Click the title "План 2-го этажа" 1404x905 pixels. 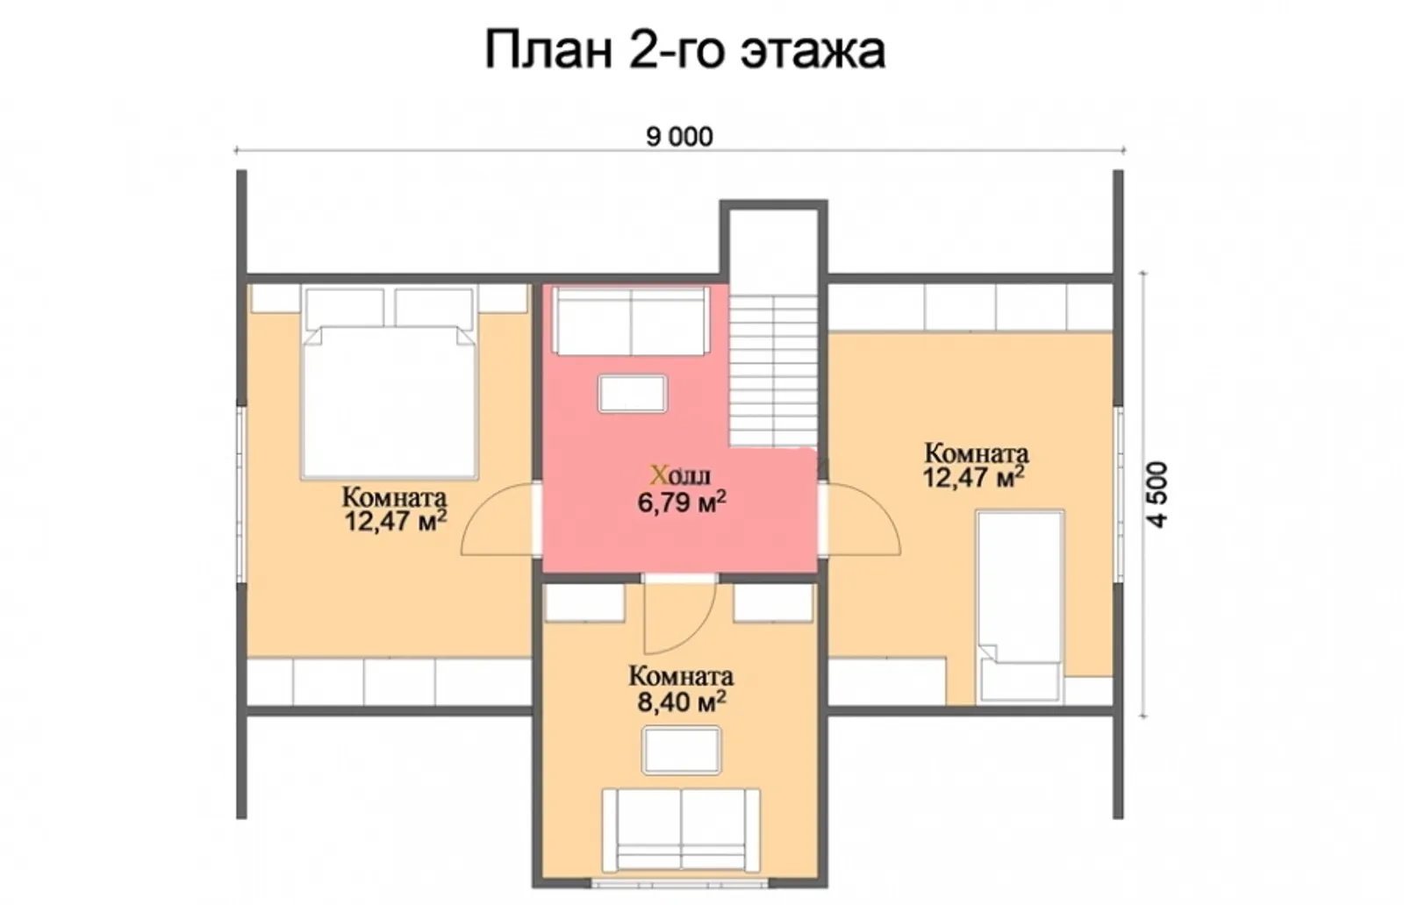[x=684, y=51]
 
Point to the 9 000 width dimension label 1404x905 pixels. [x=679, y=138]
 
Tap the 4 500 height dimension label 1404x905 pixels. [x=1157, y=494]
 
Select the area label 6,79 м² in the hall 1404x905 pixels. [x=681, y=502]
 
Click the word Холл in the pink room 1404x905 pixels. [x=680, y=475]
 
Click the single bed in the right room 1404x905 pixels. [x=1020, y=605]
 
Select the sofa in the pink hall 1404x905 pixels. [x=631, y=321]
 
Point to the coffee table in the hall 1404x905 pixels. [x=632, y=394]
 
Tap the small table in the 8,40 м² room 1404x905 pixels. [x=681, y=751]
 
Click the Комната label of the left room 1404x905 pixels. [x=394, y=497]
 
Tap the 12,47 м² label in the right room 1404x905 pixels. [x=974, y=479]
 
